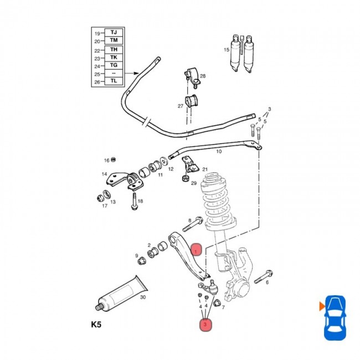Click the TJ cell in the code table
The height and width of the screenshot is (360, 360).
tap(114, 33)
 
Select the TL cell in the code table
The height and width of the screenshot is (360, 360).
tap(114, 81)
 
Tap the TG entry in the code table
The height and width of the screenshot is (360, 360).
tap(114, 65)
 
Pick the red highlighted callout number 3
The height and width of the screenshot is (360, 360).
tap(206, 324)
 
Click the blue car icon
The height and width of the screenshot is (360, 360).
tap(335, 317)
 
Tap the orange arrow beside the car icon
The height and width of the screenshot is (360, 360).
tap(321, 305)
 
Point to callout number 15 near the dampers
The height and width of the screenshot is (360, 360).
tap(226, 50)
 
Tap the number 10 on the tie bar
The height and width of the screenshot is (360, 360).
tap(219, 151)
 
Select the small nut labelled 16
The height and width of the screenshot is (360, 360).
tap(114, 160)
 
